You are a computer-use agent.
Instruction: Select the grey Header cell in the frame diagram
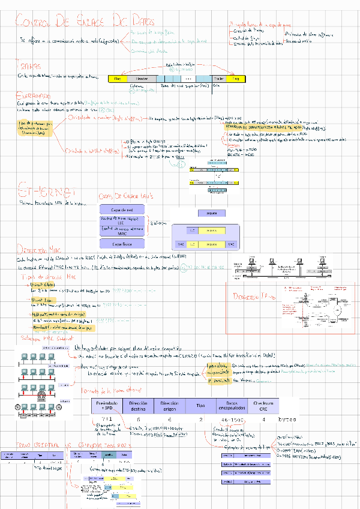tap(142, 79)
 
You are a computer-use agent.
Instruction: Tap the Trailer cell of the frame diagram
tap(219, 79)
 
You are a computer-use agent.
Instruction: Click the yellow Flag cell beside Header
tap(117, 79)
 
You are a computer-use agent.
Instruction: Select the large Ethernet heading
tap(46, 191)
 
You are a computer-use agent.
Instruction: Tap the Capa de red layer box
tap(122, 209)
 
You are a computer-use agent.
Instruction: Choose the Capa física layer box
tap(122, 244)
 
